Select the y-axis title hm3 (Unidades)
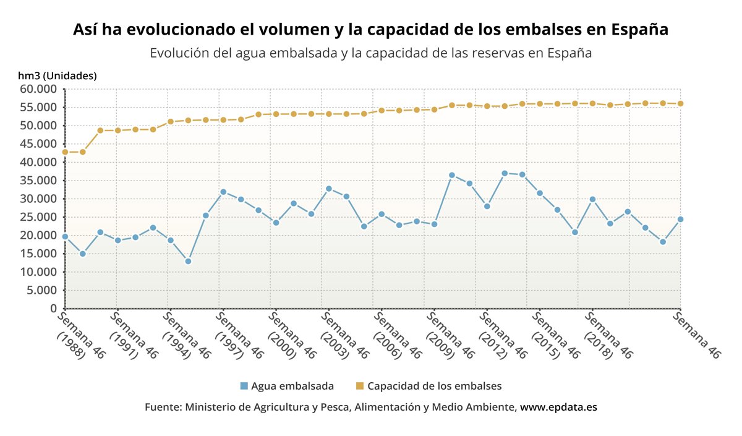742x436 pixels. tap(58, 76)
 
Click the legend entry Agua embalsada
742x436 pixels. tap(287, 386)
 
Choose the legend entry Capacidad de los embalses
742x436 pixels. tap(429, 386)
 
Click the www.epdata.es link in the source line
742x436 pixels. tap(558, 408)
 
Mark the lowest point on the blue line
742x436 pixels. tap(188, 261)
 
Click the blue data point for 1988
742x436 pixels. tap(65, 236)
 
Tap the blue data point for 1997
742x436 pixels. tap(223, 192)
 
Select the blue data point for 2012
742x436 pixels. tap(487, 206)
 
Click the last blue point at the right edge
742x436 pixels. tap(680, 219)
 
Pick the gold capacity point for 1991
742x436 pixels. tap(117, 130)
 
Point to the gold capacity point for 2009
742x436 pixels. tap(434, 109)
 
